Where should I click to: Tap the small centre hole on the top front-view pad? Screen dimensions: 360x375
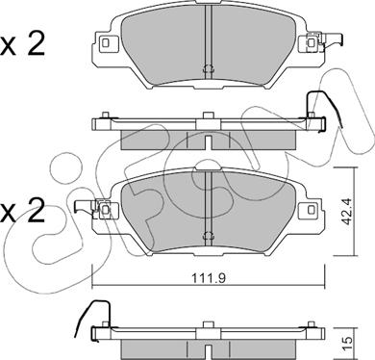(208, 67)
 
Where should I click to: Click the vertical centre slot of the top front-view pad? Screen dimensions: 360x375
(208, 39)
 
